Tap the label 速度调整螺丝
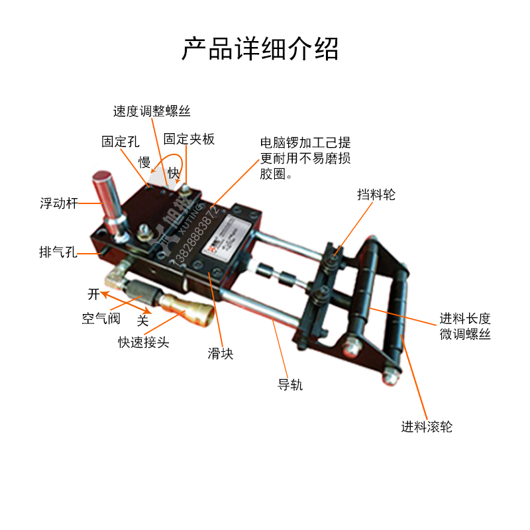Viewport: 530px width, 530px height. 152,111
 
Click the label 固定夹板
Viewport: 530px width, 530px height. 189,139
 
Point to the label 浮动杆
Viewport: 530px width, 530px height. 59,203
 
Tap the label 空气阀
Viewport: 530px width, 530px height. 101,319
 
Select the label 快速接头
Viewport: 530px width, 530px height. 144,342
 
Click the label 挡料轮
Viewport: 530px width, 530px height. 376,195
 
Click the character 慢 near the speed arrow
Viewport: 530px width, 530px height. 144,162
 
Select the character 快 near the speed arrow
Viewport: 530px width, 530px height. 174,173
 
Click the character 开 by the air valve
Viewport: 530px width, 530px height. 93,293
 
